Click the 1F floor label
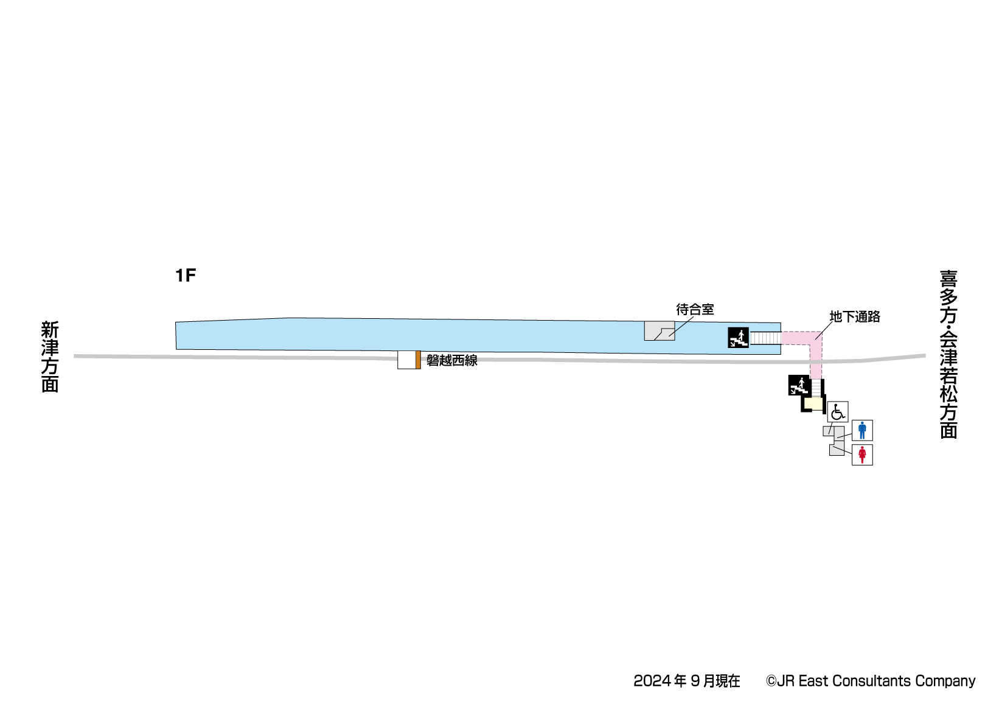coord(186,276)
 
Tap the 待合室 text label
coord(695,310)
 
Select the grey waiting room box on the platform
coord(659,330)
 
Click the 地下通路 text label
coord(855,317)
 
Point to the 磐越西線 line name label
coord(452,361)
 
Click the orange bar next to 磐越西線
coord(418,360)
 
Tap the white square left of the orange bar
coord(406,360)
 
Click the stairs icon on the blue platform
coord(738,338)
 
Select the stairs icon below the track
coord(798,385)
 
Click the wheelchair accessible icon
coord(838,412)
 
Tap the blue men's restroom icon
coord(862,430)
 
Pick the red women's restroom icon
coord(862,454)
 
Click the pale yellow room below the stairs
coord(813,403)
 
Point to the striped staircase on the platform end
coord(765,338)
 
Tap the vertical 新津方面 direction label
coord(50,357)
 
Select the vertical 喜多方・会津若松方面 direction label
coord(949,355)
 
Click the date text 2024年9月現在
coord(686,681)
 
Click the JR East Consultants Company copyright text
coord(871,681)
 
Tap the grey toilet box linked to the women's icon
coord(837,450)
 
